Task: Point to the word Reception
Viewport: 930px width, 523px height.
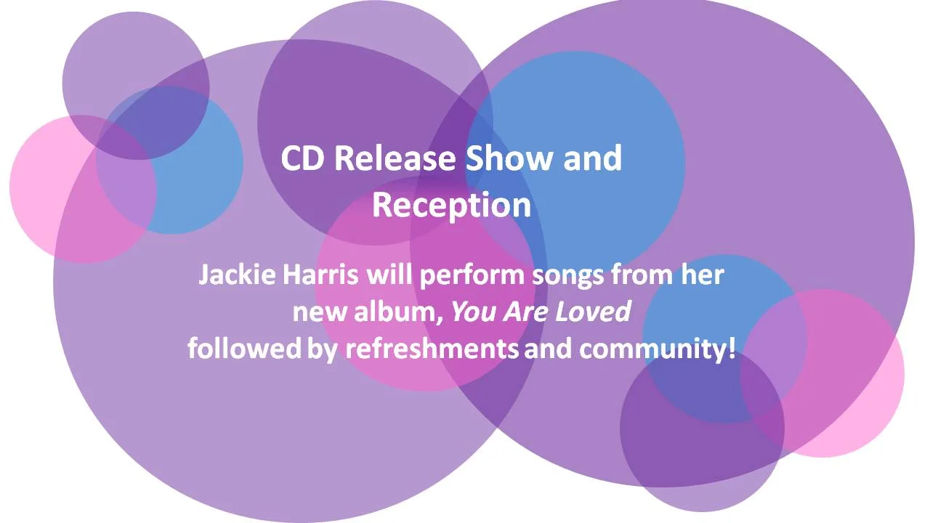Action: [x=451, y=206]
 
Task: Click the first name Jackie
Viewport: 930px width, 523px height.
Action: [x=234, y=276]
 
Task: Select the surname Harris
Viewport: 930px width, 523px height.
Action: [x=318, y=276]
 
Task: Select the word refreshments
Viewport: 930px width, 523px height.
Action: [x=432, y=348]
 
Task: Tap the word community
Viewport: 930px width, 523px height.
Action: [x=652, y=349]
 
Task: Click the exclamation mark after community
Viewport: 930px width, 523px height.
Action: [x=731, y=348]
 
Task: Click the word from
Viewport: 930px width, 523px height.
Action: [x=642, y=276]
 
